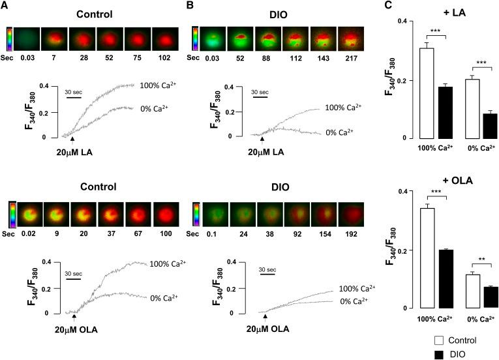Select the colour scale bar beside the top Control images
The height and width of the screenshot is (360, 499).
click(8, 38)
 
